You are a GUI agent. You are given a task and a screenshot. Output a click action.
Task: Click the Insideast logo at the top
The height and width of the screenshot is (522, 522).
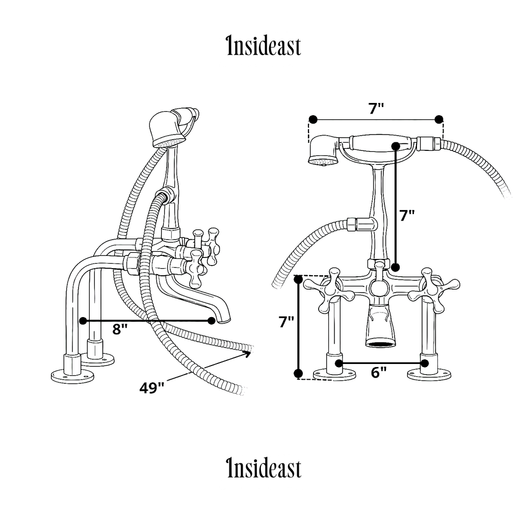(263, 46)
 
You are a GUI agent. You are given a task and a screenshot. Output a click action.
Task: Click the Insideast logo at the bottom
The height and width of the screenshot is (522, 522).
(263, 468)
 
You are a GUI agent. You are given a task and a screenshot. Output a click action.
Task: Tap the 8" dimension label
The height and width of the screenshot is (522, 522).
(120, 329)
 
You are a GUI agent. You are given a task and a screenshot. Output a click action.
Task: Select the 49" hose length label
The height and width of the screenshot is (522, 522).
(152, 388)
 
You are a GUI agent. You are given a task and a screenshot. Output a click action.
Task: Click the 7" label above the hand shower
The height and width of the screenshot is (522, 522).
(376, 108)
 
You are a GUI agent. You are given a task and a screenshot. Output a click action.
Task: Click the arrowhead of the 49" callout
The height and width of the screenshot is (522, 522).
(250, 351)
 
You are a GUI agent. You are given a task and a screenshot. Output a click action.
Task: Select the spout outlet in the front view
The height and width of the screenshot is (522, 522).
(380, 343)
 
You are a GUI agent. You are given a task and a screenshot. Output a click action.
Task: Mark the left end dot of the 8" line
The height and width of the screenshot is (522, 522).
(84, 321)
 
